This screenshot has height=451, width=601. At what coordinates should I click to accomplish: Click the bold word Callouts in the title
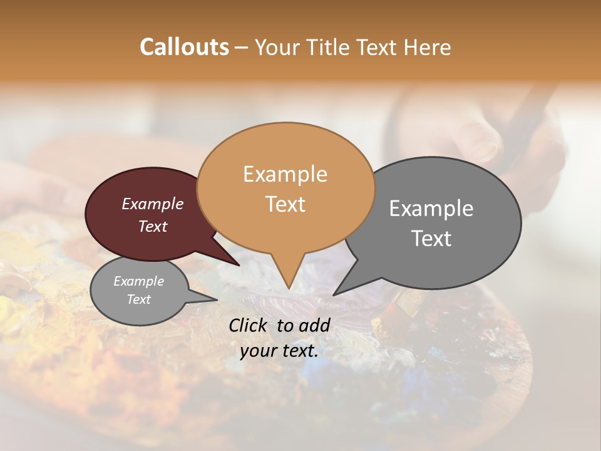coord(184,47)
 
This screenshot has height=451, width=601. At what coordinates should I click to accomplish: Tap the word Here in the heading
coord(427,47)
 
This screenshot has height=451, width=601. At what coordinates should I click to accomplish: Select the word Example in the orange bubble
coord(285,174)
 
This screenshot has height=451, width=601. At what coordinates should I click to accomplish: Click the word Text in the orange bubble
coord(285,204)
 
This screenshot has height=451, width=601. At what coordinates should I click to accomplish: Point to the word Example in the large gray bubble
coord(431,209)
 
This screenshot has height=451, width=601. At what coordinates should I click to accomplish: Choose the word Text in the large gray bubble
coord(431,239)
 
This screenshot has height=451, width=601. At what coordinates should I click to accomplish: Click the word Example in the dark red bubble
coord(152,204)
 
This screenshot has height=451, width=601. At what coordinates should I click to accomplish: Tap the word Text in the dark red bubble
coord(152,226)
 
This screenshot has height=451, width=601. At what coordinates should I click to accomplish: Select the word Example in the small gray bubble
coord(138,281)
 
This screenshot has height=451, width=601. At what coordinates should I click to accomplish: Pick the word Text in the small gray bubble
coord(138,299)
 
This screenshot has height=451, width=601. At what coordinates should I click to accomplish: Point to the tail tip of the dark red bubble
coord(239,265)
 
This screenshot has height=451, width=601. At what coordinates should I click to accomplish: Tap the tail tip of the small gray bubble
coord(217,299)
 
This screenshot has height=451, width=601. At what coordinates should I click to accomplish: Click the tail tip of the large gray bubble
coord(334,294)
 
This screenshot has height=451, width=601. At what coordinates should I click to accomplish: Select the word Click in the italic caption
coord(249,325)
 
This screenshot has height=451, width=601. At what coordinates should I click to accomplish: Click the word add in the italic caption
coord(314,325)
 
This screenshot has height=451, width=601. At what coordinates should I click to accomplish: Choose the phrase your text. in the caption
coord(279,351)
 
